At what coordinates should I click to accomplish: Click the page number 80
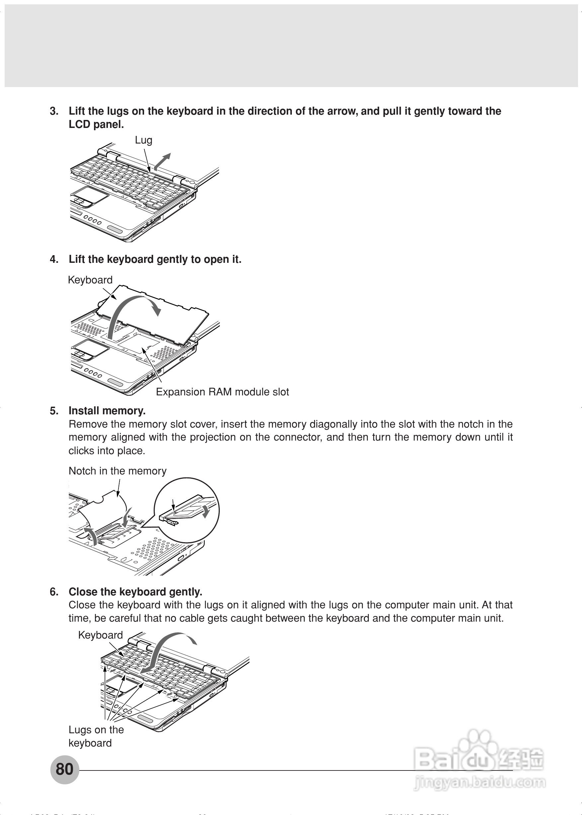tap(64, 769)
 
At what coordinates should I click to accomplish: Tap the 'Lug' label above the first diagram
tap(143, 140)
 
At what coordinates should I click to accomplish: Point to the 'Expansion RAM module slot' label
tap(222, 392)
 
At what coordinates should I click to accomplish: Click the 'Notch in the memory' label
tap(118, 471)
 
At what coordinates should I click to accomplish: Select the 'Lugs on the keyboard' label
tap(96, 736)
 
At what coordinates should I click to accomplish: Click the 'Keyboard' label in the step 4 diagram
tap(90, 280)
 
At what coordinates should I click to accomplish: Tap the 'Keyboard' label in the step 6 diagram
tap(100, 635)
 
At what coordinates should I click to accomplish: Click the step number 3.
tap(54, 111)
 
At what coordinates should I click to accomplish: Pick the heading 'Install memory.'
tap(107, 411)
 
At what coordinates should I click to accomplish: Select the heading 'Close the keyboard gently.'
tap(135, 592)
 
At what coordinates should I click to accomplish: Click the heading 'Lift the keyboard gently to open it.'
tap(155, 259)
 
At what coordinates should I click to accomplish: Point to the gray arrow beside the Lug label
tap(162, 161)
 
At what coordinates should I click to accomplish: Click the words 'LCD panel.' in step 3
tap(96, 125)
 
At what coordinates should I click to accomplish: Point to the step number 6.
tap(54, 592)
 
